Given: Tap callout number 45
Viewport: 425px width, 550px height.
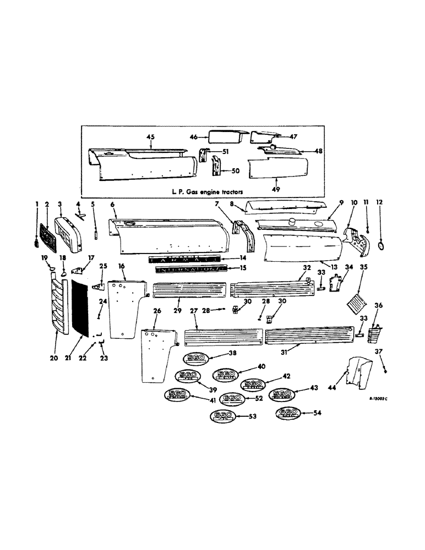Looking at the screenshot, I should click(135, 137).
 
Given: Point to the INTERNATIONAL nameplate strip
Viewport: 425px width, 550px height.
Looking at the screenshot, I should click(190, 269).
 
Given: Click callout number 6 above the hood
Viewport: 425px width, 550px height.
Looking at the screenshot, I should click(113, 204).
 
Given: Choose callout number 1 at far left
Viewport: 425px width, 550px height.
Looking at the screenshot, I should click(38, 204).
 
